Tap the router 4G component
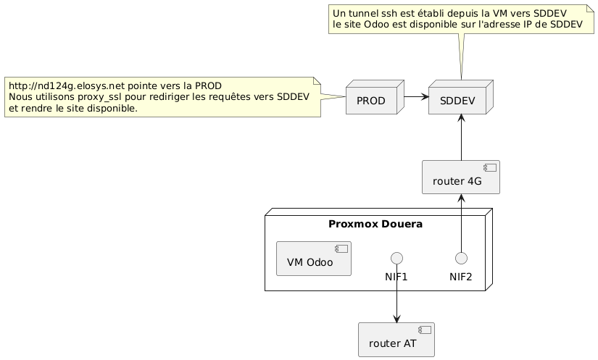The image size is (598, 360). (x=461, y=177)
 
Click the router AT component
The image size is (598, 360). (x=396, y=340)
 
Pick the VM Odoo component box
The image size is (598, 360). (x=313, y=259)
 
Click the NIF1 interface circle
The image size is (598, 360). (x=397, y=259)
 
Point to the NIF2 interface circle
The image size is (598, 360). (x=462, y=259)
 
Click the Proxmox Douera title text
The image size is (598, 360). (x=375, y=224)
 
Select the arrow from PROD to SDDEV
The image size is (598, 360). (x=417, y=97)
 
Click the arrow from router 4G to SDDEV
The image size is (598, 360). (x=462, y=137)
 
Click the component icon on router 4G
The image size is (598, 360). (x=490, y=167)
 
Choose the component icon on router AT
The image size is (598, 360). (x=425, y=330)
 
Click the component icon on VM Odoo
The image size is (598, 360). (x=341, y=248)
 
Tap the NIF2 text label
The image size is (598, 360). (x=461, y=277)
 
